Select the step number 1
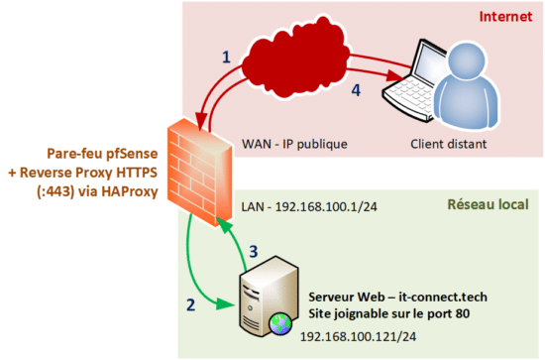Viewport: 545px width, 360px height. (226, 59)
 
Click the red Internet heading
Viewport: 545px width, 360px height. (504, 17)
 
